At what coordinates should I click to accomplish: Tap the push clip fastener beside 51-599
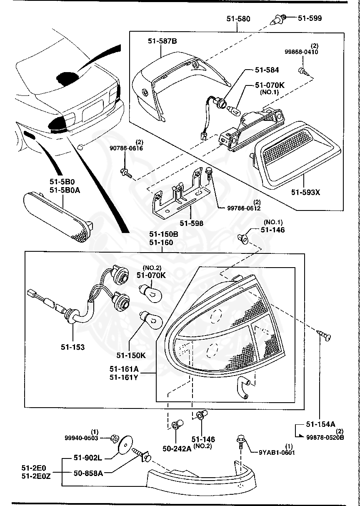click(279, 19)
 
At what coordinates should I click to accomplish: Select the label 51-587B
click(162, 41)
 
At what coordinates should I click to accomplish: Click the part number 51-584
click(267, 70)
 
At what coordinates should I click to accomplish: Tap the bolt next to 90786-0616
click(125, 173)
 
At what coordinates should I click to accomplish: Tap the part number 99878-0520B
click(325, 437)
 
